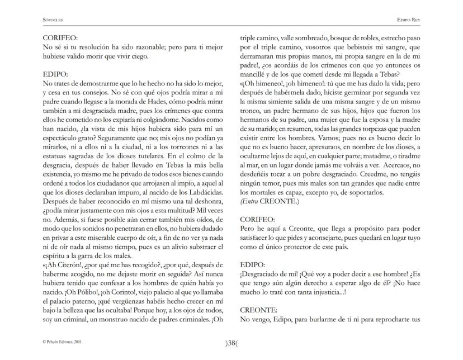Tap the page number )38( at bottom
click(231, 344)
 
